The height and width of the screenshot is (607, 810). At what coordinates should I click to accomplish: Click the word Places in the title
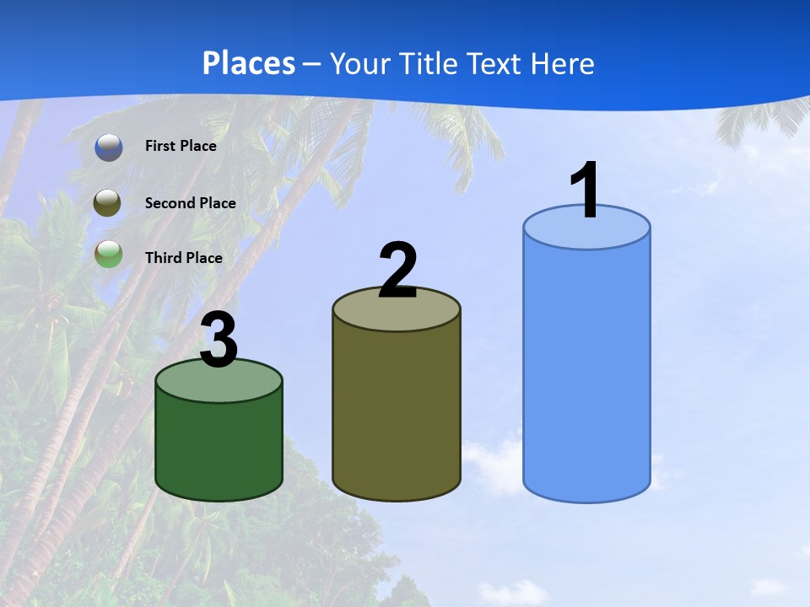(249, 63)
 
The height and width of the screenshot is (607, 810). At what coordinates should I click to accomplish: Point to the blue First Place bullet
(109, 147)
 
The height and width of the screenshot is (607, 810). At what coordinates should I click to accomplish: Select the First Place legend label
(181, 146)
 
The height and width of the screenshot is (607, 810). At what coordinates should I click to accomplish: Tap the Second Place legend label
(190, 203)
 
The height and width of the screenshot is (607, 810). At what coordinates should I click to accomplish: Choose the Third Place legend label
(183, 258)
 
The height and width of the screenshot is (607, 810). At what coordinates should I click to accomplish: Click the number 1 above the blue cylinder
(586, 191)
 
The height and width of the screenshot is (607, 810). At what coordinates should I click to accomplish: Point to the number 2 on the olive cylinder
(397, 271)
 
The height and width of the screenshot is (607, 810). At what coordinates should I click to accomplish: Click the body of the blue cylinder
(586, 371)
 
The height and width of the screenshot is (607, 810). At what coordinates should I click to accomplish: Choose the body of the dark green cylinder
(219, 447)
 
